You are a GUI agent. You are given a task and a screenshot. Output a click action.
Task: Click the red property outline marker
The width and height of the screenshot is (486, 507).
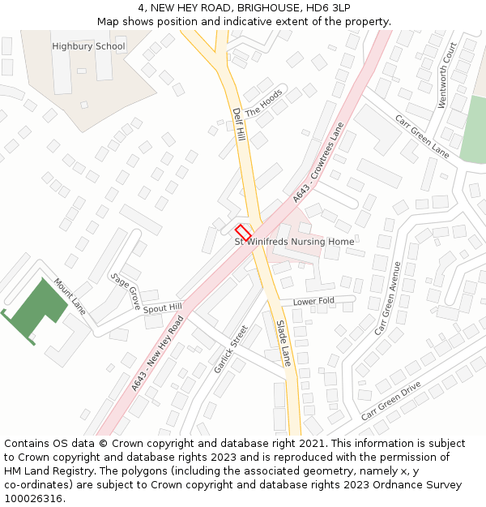point(244,231)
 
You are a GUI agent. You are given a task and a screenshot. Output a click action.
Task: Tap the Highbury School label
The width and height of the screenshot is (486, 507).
point(88,46)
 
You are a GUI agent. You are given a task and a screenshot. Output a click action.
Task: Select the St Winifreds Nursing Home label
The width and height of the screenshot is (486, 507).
point(294,242)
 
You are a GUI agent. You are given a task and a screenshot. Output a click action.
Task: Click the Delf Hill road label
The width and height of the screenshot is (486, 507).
point(238,123)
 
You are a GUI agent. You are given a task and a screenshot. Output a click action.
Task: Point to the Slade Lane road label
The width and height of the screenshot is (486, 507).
point(283,343)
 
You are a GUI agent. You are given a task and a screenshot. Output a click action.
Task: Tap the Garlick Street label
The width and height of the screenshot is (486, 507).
point(230,350)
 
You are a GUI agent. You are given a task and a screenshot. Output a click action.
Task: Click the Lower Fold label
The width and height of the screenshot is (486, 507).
point(313,302)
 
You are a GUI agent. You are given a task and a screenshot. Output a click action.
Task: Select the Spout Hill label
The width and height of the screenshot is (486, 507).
point(163,308)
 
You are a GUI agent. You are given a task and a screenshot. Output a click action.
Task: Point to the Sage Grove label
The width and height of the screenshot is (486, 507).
point(126,290)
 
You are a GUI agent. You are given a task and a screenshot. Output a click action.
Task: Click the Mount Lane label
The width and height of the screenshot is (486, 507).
point(70,297)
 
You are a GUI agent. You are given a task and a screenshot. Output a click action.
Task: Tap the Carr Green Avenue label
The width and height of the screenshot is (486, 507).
point(388,299)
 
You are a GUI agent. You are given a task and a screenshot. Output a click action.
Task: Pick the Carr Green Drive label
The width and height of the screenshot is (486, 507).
point(391,400)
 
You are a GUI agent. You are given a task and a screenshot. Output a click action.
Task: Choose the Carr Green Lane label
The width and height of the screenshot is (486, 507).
point(421,135)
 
